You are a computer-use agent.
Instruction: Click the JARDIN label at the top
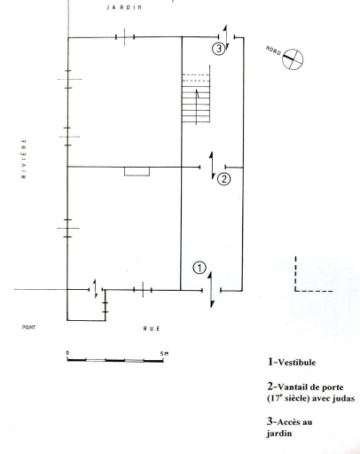tap(124, 7)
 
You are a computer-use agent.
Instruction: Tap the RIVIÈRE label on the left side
tap(24, 159)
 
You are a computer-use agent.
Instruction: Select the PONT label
tap(29, 327)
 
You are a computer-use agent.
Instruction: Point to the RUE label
tap(152, 328)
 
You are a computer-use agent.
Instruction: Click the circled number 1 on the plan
tap(200, 268)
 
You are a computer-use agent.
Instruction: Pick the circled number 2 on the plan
tap(223, 179)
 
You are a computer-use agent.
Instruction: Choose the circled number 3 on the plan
tap(219, 49)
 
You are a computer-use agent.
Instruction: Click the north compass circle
tap(293, 59)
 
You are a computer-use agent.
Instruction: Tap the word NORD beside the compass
tap(273, 51)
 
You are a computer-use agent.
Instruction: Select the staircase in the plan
tap(196, 98)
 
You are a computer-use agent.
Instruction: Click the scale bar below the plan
tap(115, 360)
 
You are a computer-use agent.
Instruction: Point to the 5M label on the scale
tap(164, 353)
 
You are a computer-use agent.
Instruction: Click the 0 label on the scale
tap(67, 353)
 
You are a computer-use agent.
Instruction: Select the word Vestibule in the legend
tap(297, 363)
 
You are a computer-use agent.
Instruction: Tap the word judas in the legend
tap(343, 398)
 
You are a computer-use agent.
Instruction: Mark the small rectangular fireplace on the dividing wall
tap(137, 172)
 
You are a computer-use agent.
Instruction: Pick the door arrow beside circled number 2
tap(212, 166)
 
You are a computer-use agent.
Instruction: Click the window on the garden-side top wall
tap(125, 37)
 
